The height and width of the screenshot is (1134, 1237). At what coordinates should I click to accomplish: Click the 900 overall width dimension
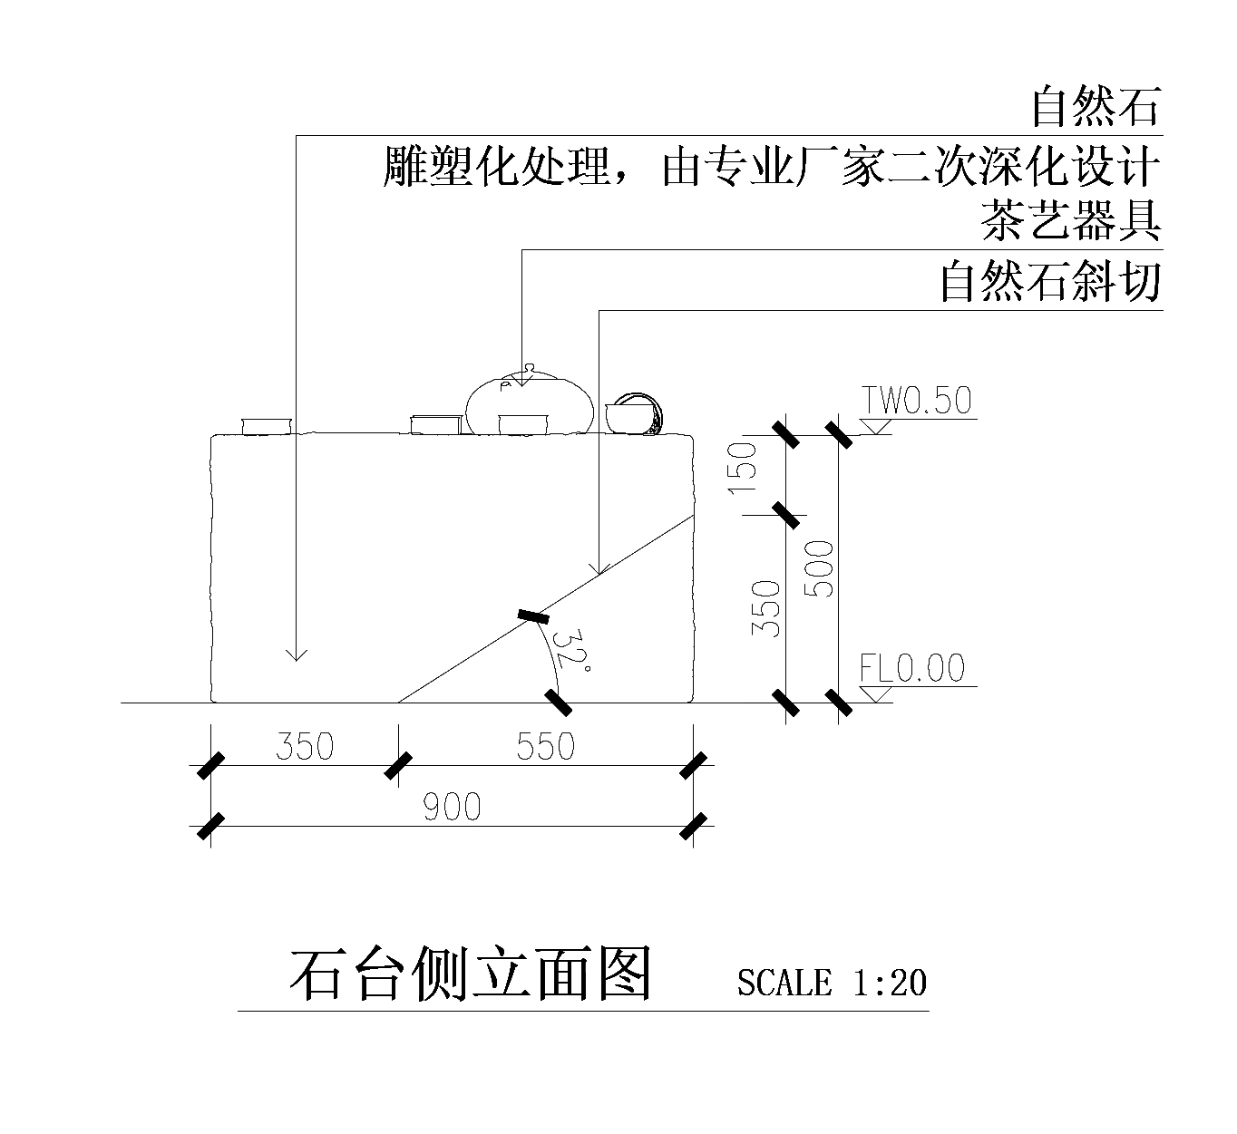tap(452, 806)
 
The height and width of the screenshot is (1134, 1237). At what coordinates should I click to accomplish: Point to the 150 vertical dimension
tap(743, 468)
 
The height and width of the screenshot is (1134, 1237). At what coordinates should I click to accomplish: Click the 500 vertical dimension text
tap(819, 568)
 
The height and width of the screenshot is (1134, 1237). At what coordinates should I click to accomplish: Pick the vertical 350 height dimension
tap(766, 608)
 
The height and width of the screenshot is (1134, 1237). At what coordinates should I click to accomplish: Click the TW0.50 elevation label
tap(916, 400)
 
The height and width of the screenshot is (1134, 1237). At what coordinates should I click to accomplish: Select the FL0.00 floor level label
tap(912, 667)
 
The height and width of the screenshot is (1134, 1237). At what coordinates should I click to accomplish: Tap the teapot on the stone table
tap(530, 402)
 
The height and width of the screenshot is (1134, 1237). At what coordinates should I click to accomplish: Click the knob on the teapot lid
tap(529, 368)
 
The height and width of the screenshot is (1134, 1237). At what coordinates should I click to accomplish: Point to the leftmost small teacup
tap(266, 426)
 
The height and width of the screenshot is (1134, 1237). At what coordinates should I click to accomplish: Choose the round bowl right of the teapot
tap(634, 413)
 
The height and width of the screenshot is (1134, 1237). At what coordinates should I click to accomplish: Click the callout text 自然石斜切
tap(1050, 282)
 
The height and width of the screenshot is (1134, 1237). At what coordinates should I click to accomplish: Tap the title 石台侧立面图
tap(471, 974)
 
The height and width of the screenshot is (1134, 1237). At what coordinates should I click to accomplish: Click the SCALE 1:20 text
tap(832, 983)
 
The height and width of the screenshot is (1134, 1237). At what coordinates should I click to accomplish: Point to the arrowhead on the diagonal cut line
tap(599, 570)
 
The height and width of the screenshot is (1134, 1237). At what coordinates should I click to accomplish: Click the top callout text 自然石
tap(1096, 107)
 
